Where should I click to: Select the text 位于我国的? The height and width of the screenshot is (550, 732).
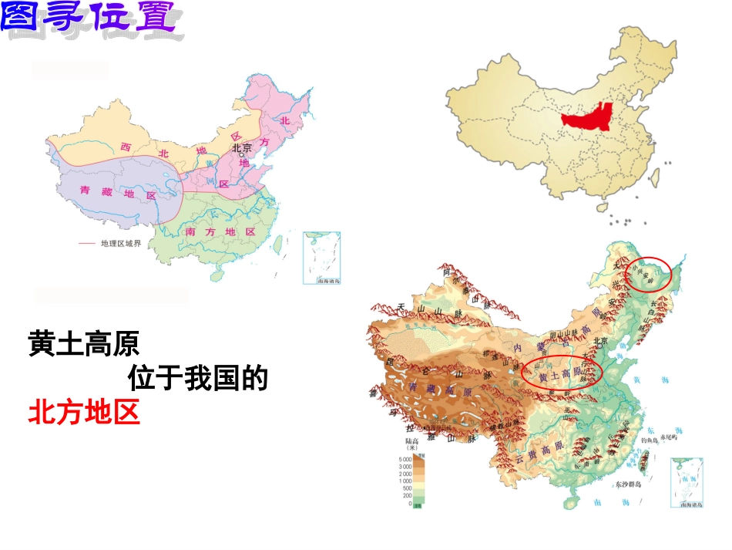click(x=197, y=379)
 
